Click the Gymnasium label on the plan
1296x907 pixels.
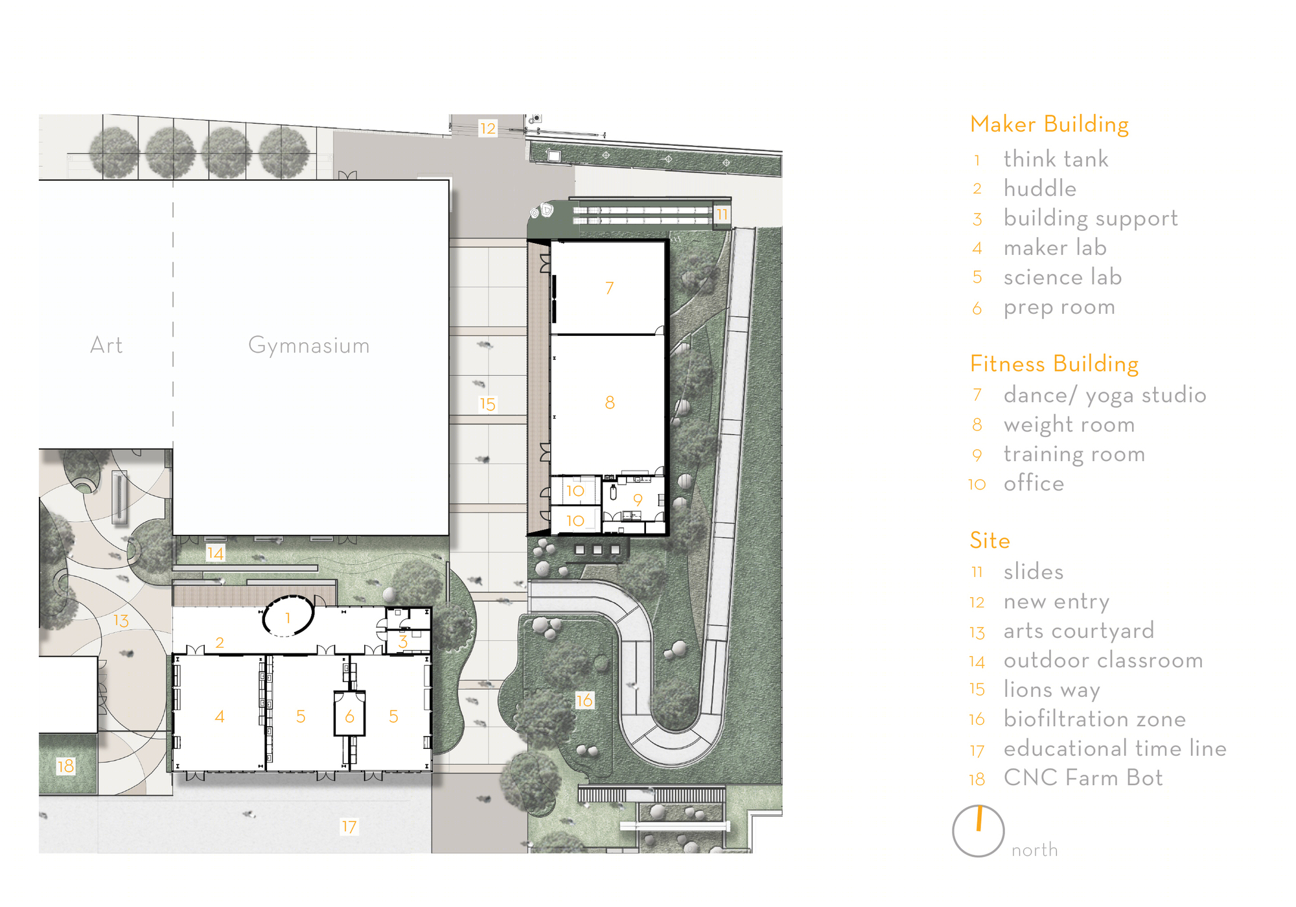click(308, 346)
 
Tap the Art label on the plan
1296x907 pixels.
click(106, 345)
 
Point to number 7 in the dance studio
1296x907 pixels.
click(609, 288)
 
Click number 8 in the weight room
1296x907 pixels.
click(610, 403)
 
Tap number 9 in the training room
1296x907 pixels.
click(638, 500)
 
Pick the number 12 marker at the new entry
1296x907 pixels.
click(487, 128)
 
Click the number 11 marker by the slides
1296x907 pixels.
click(722, 214)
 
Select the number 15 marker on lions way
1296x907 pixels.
click(487, 405)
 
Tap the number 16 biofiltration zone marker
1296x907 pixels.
click(584, 700)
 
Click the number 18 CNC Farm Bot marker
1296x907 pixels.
click(65, 766)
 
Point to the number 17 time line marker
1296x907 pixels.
click(349, 827)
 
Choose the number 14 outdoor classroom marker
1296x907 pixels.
click(215, 553)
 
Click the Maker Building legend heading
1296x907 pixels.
click(1049, 124)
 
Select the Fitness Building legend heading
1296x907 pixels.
click(1054, 364)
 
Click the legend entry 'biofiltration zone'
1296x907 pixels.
click(1094, 719)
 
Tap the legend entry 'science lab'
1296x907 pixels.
click(1063, 277)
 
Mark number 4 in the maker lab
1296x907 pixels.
click(220, 716)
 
